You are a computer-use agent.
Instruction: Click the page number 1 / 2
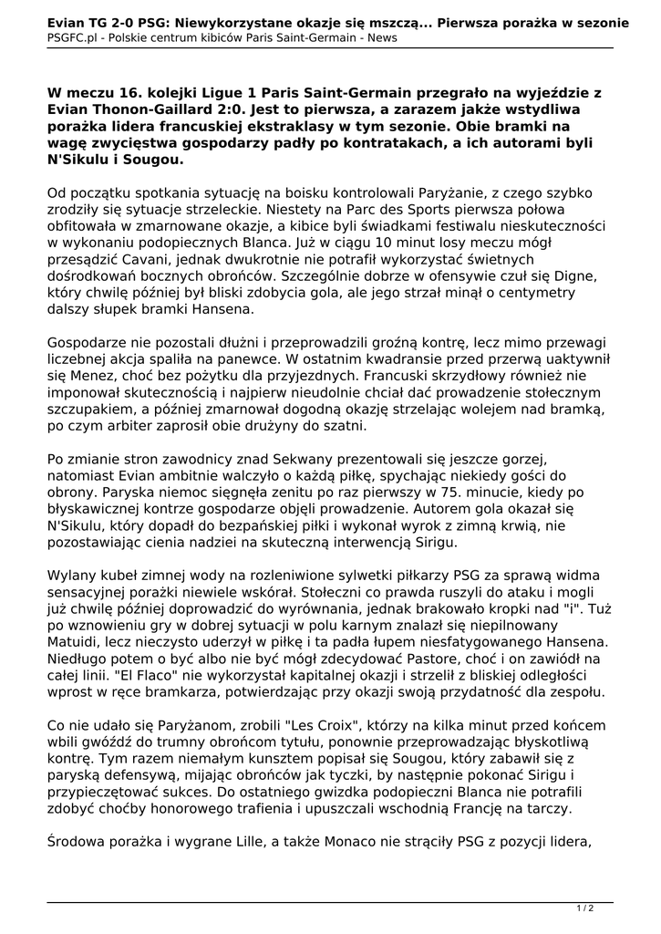point(585,908)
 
